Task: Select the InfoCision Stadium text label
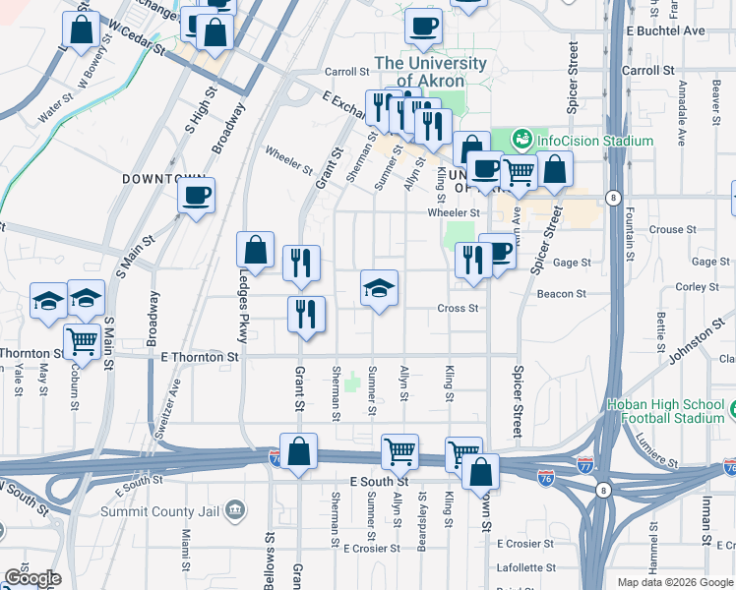point(594,141)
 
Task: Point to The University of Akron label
point(431,72)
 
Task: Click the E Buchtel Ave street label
point(666,30)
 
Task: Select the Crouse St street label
point(673,230)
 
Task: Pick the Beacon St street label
point(561,293)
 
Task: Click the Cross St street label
point(458,308)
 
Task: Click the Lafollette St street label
point(525,567)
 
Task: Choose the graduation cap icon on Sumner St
point(379,288)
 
